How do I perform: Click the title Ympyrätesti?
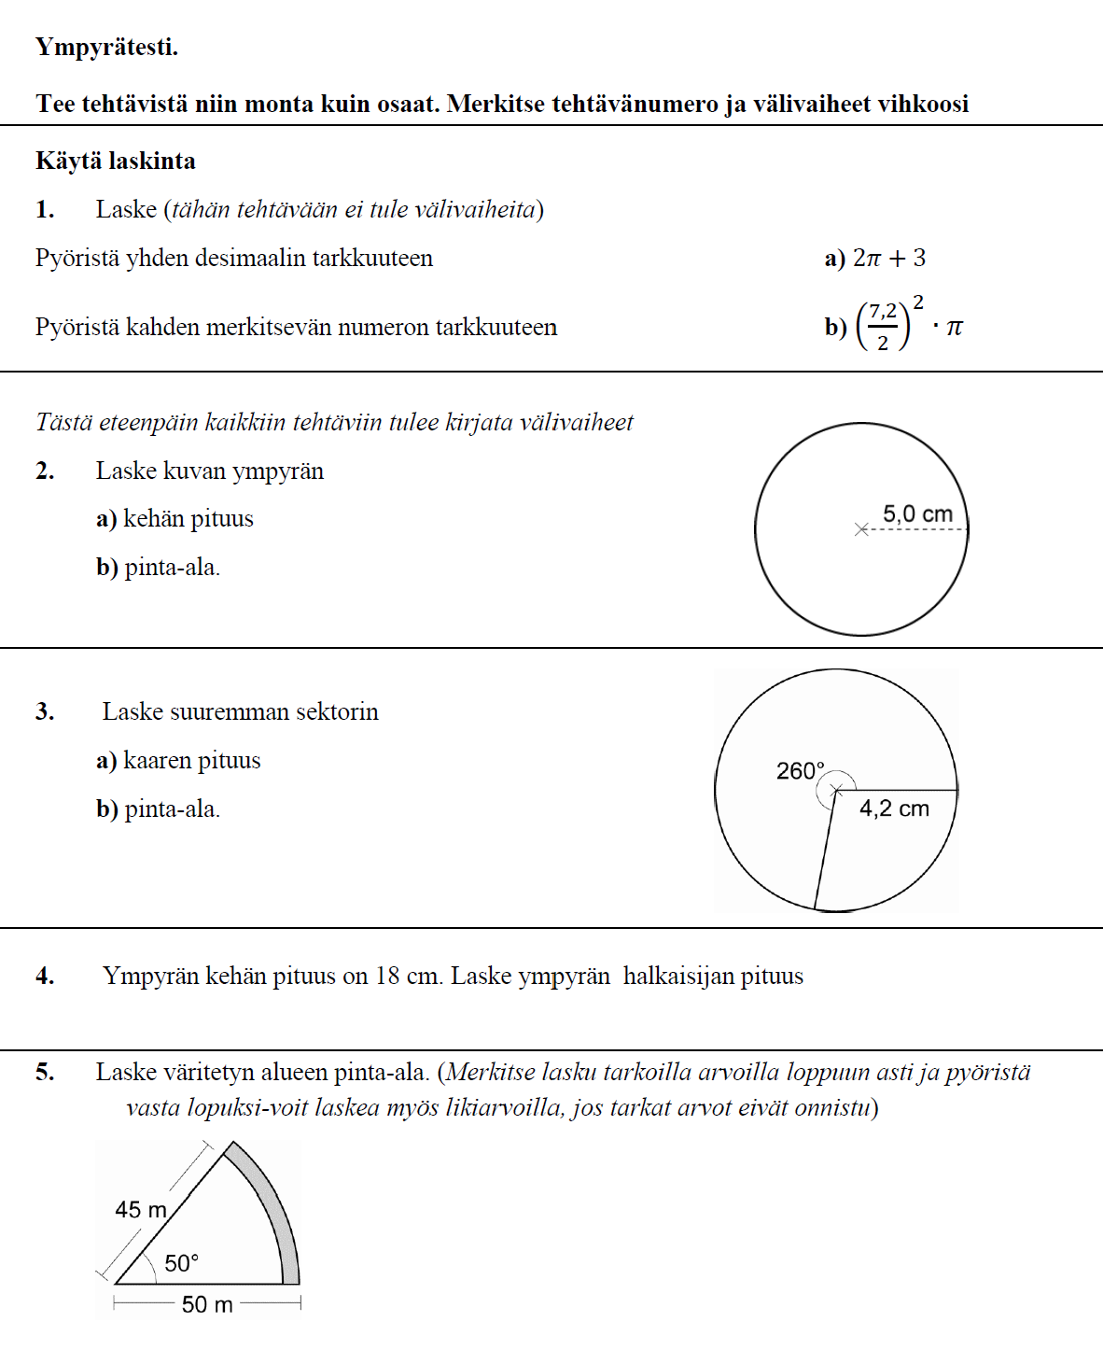point(106,47)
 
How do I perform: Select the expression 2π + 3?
point(889,259)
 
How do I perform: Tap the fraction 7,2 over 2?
point(883,327)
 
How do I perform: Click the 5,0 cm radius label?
point(917,514)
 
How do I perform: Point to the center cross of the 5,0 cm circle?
point(861,529)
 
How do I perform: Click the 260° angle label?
point(801,771)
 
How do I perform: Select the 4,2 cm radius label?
point(894,809)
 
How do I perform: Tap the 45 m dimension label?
point(141,1210)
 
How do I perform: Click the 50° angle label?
point(181,1263)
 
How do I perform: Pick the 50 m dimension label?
point(207,1304)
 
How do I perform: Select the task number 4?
point(45,977)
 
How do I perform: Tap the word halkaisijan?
point(678,977)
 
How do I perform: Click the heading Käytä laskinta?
point(116,162)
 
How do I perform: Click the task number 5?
point(45,1072)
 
